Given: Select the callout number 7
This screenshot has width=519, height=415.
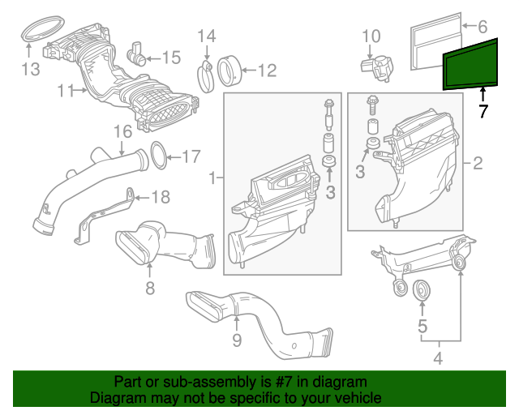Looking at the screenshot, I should tap(483, 112).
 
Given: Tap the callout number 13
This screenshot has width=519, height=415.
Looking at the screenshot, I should tap(30, 70).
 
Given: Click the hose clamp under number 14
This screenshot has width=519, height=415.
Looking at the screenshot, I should tap(205, 75).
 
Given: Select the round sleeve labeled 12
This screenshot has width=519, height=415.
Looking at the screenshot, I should tap(230, 69).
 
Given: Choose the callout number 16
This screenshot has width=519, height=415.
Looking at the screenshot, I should tap(122, 131).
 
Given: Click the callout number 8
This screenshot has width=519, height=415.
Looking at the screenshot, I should tap(149, 289).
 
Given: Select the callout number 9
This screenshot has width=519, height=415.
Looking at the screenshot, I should tap(236, 340).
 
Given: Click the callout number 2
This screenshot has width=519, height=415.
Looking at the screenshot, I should tap(478, 165).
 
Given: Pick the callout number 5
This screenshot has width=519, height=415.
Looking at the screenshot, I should tap(422, 327).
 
